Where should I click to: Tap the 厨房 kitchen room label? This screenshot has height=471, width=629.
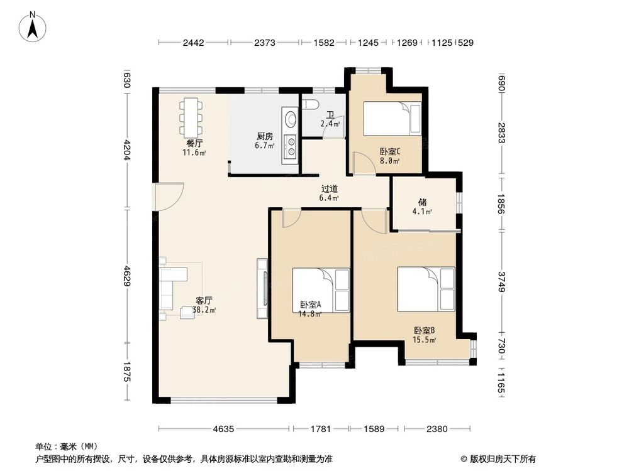264,136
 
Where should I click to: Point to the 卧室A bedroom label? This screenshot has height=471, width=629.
310,305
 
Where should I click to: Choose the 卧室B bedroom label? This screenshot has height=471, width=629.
425,330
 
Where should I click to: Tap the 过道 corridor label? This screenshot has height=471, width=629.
330,188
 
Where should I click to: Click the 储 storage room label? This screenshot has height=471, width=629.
423,203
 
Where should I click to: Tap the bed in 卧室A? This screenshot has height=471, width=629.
321,289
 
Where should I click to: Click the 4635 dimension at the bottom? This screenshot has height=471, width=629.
223,430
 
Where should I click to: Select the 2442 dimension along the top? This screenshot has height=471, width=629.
194,43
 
